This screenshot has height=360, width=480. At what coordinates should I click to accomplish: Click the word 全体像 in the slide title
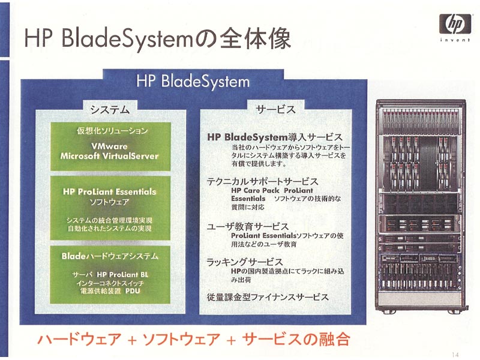click(x=255, y=38)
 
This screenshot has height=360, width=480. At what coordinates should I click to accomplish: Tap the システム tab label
click(x=110, y=109)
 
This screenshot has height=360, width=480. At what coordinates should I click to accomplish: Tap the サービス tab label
click(x=275, y=109)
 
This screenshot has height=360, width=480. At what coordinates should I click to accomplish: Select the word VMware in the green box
click(x=109, y=146)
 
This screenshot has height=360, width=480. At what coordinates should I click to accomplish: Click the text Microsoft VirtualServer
click(x=109, y=156)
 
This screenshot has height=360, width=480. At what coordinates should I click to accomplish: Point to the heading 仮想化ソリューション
click(x=112, y=131)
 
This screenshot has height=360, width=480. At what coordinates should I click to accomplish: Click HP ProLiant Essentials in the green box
click(x=110, y=192)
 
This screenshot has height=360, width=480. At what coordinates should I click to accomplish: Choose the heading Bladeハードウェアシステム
click(x=110, y=256)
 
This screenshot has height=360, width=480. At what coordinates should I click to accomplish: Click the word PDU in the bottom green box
click(x=133, y=291)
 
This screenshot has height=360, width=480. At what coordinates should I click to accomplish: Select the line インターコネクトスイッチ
click(x=110, y=283)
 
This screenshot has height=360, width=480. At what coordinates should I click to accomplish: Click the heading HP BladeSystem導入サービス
click(x=275, y=137)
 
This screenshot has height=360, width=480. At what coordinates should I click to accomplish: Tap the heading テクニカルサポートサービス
click(x=263, y=182)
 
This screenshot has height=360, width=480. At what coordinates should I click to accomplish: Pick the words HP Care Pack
click(x=256, y=190)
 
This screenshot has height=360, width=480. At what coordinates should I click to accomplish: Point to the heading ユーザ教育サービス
click(x=248, y=227)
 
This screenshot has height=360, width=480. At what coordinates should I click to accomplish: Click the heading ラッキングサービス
click(x=245, y=262)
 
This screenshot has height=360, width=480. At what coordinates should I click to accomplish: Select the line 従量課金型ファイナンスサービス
click(x=268, y=297)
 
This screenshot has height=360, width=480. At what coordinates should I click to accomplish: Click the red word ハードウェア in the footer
click(x=79, y=340)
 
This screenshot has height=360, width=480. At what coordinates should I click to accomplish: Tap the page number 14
click(x=455, y=355)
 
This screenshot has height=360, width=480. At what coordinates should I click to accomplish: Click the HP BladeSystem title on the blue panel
click(x=193, y=82)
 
